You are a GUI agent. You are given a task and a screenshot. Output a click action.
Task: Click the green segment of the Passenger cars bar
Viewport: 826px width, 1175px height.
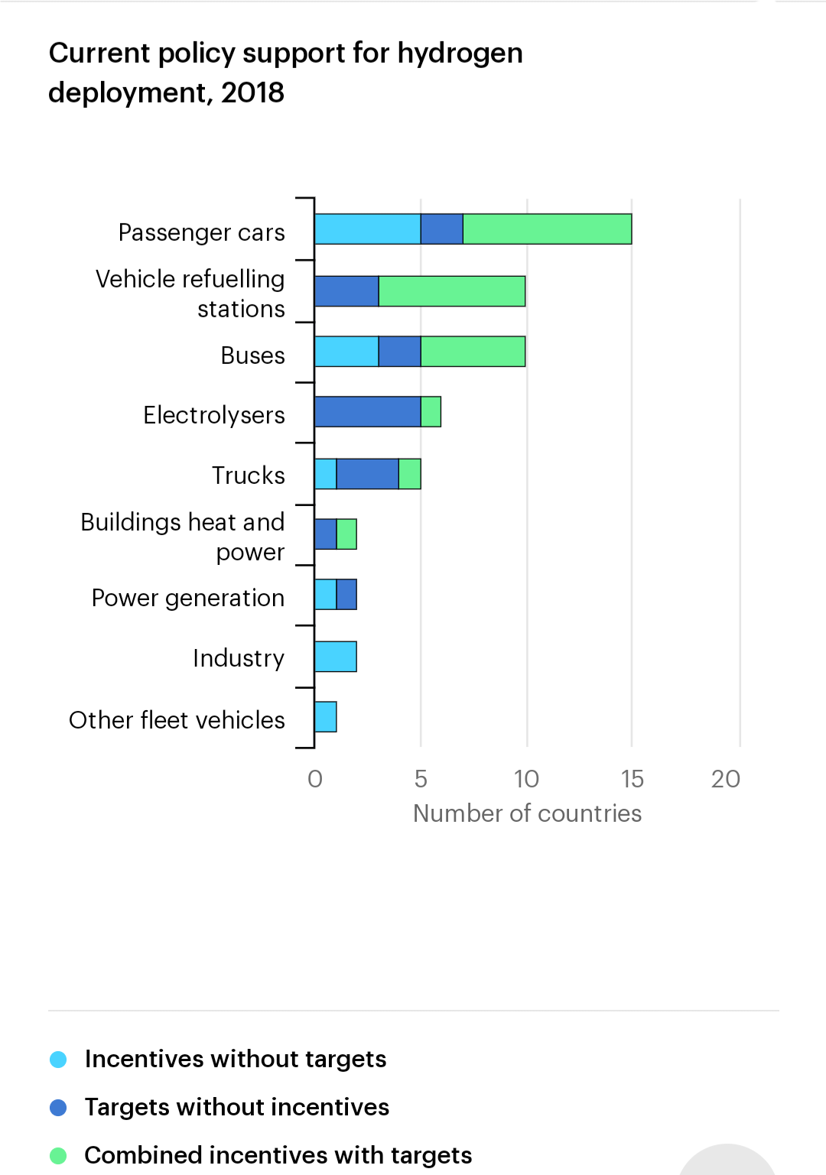[x=547, y=229]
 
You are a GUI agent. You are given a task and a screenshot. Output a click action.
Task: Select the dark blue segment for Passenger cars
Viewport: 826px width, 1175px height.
[x=441, y=229]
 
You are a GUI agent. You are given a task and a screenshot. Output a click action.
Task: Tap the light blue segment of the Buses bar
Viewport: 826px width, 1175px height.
[x=346, y=352]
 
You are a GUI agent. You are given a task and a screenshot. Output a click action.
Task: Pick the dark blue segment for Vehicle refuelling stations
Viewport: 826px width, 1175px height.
[x=346, y=291]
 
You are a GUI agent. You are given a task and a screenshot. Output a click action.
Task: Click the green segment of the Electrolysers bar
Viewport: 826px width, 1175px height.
[x=431, y=412]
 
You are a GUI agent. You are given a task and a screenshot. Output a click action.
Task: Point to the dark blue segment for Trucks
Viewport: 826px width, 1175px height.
[x=367, y=474]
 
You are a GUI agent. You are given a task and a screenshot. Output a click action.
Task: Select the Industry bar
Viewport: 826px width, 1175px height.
[x=336, y=657]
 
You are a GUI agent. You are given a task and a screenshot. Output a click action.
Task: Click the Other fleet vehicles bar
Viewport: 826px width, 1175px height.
[x=326, y=717]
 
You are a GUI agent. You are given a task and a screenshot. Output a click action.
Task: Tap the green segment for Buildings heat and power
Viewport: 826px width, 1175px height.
[x=346, y=534]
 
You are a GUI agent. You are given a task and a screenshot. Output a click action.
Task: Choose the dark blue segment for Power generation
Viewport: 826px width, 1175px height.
[x=346, y=595]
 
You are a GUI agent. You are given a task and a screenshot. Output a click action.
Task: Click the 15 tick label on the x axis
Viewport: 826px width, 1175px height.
[x=632, y=779]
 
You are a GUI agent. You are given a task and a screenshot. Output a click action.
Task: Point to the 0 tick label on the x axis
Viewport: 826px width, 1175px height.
[x=315, y=779]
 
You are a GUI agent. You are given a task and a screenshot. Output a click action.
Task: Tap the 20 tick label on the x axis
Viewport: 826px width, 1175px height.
[x=725, y=779]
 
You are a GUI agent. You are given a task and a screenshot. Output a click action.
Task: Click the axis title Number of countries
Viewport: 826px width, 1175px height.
[x=527, y=813]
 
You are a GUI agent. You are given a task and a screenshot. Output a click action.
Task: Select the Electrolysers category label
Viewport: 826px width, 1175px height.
[x=214, y=415]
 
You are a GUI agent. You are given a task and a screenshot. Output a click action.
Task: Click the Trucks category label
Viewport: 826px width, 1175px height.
[x=248, y=476]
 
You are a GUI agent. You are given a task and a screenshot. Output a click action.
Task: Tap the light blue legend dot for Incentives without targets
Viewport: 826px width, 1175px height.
[x=58, y=1060]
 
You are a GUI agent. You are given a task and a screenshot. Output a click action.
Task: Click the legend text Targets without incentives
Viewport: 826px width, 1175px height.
[x=237, y=1107]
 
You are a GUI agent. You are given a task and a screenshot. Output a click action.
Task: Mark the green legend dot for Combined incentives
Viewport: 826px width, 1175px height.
[x=58, y=1156]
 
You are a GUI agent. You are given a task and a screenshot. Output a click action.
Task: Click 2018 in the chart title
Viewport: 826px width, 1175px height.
[x=252, y=93]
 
